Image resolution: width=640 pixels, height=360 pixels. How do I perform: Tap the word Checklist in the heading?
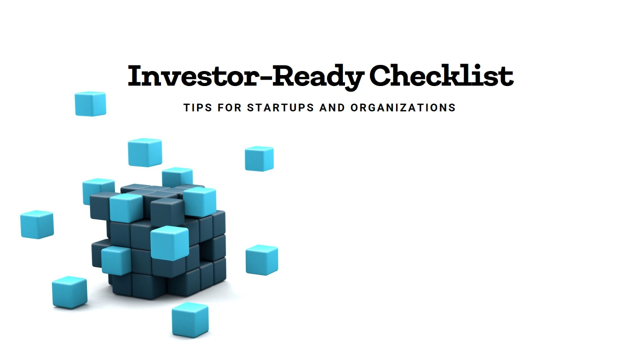click(441, 76)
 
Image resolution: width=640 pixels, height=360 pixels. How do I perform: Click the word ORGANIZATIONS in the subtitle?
click(403, 107)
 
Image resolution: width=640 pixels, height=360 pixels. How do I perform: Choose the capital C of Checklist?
click(383, 76)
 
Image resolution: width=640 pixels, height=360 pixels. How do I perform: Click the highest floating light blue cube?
click(90, 103)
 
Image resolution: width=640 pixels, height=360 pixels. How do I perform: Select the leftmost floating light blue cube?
click(37, 224)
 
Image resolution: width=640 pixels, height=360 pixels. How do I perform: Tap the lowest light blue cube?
click(190, 320)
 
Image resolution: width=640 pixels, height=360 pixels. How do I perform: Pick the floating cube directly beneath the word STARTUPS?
click(259, 158)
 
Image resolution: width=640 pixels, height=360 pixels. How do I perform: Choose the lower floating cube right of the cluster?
click(261, 259)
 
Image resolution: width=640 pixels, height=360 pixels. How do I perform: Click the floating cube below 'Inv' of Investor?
click(145, 152)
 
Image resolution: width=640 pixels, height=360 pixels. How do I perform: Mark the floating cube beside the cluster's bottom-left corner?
click(69, 292)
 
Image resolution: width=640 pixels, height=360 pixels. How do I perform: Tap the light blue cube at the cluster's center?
click(169, 242)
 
